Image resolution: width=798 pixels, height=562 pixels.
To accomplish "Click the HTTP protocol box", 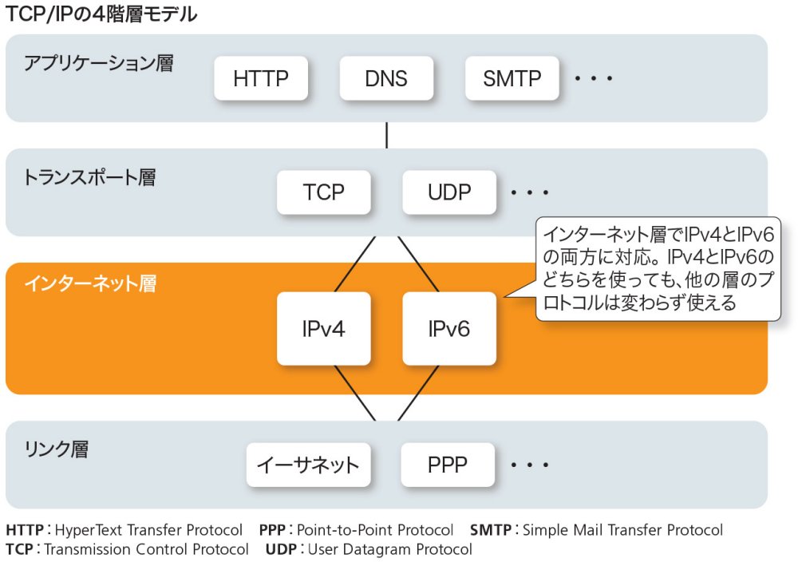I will tap(261, 78).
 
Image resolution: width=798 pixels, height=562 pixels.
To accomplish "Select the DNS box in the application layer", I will tap(386, 78).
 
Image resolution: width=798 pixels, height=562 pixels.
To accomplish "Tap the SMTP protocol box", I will tap(512, 78).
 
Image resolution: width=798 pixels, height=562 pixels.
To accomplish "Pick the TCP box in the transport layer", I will tap(323, 192).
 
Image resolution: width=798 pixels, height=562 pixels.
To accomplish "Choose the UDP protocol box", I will tap(449, 192).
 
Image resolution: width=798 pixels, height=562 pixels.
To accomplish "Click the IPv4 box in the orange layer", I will tap(323, 328).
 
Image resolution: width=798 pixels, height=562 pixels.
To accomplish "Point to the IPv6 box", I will tap(449, 328).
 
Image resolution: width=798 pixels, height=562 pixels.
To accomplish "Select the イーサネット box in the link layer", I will tap(308, 465).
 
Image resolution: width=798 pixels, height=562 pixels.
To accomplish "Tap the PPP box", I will tap(447, 465).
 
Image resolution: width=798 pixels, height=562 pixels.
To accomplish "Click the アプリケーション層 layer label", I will tap(98, 63).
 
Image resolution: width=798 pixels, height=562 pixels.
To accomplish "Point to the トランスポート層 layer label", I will tap(89, 177).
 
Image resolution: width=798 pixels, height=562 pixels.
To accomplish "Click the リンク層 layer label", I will tap(56, 449).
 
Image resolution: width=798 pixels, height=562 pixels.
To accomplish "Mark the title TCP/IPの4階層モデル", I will tap(101, 14).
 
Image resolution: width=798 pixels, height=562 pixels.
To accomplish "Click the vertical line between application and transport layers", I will tap(387, 135).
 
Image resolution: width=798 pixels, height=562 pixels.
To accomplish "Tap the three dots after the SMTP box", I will tap(593, 79).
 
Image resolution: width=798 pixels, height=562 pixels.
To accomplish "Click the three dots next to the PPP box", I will tap(530, 465).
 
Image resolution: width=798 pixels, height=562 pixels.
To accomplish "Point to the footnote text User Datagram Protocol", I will tap(389, 549).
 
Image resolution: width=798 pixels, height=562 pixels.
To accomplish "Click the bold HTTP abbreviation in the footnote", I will tap(25, 530).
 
